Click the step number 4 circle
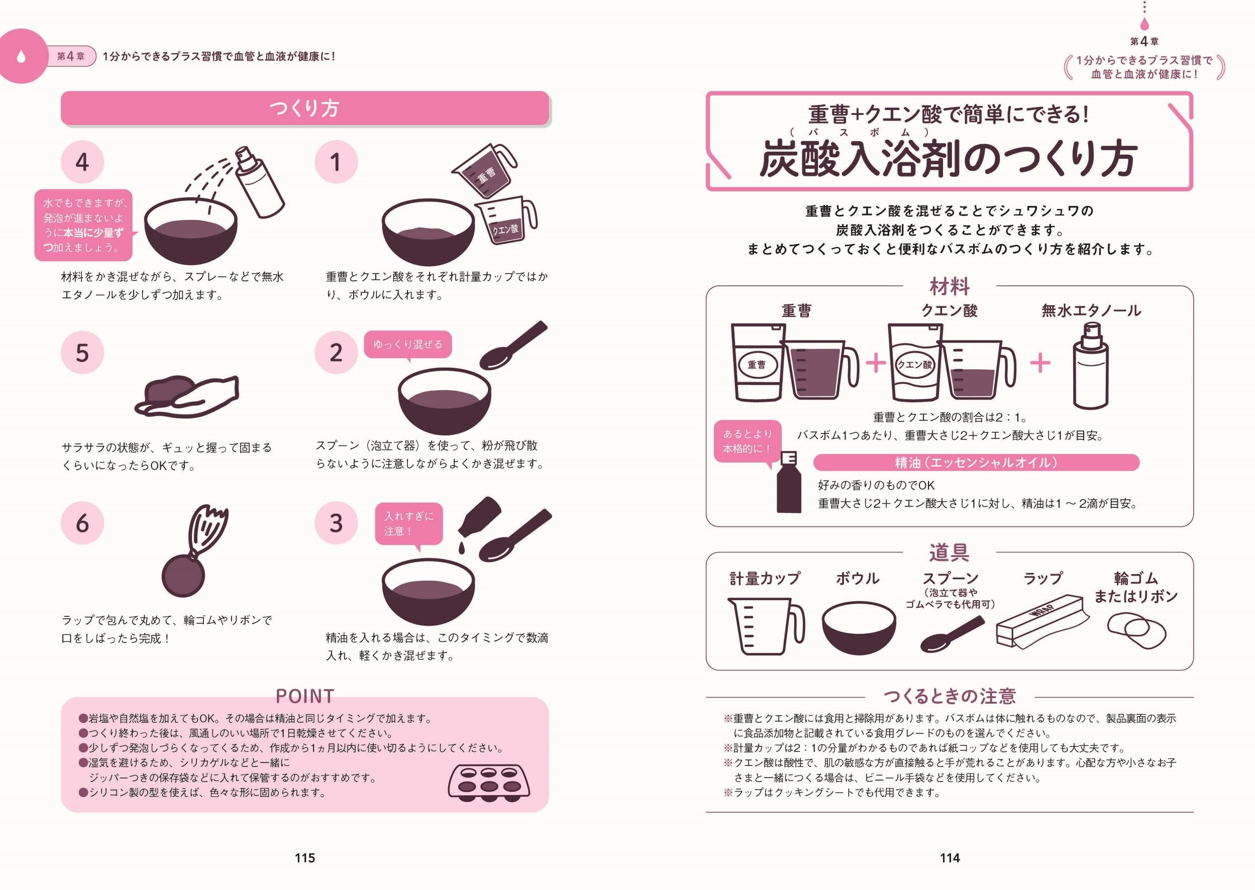tap(82, 162)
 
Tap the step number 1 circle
tap(336, 162)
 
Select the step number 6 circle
tap(82, 523)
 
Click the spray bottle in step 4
tap(259, 182)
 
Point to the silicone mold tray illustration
tap(489, 781)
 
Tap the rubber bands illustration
tap(1136, 631)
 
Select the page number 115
tap(305, 858)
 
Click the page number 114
tap(950, 858)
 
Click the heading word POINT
tap(305, 696)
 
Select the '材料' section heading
tap(949, 286)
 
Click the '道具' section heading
tap(949, 552)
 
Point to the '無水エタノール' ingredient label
tap(1091, 311)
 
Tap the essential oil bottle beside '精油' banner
tap(789, 482)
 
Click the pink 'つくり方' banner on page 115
tap(305, 108)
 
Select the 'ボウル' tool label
tap(858, 578)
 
